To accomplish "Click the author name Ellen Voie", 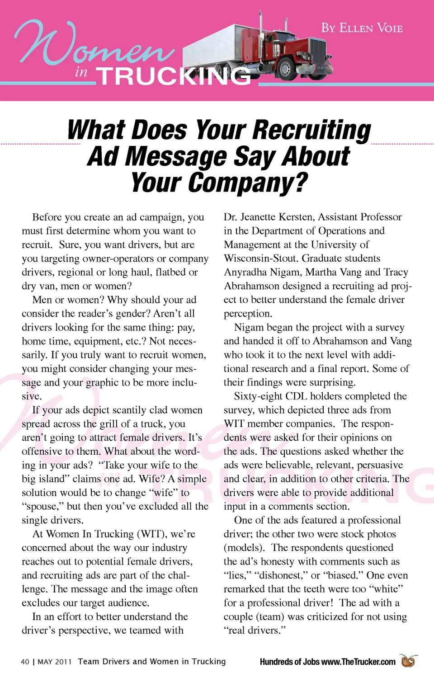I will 362,28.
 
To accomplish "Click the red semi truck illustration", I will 267,50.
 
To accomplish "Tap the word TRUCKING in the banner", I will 174,76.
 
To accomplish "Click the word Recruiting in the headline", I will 312,130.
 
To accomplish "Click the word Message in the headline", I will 176,157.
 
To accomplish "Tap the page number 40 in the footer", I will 25,662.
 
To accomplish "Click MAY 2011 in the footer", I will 55,662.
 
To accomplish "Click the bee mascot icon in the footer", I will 409,661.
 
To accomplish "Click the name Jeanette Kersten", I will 277,217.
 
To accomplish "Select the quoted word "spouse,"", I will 43,507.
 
